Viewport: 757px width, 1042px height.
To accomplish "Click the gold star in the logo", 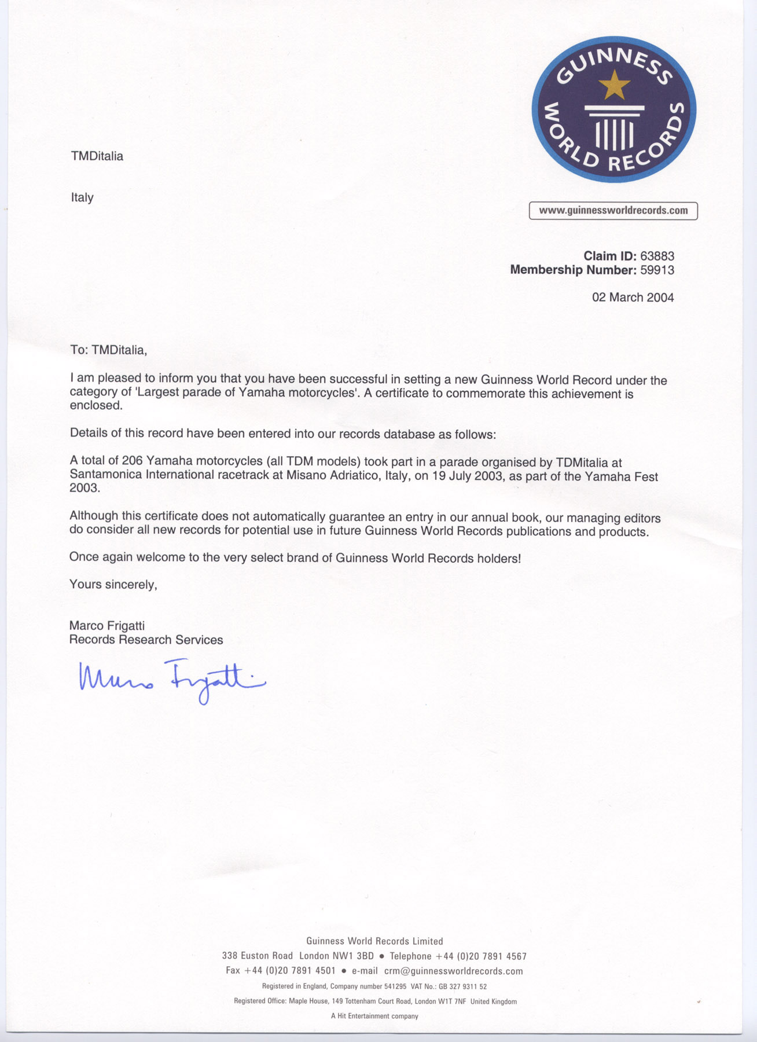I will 613,85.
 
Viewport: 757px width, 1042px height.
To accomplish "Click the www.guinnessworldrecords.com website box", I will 613,211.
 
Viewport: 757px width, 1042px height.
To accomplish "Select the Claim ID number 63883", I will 657,256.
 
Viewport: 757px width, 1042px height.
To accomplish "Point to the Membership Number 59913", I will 657,270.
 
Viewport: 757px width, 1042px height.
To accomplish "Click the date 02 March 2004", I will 633,298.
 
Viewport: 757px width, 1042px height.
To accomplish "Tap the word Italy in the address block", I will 82,197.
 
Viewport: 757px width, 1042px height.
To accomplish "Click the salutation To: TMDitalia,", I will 109,350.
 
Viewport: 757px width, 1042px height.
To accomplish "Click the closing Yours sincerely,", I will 113,585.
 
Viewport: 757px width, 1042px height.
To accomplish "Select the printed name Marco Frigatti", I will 107,626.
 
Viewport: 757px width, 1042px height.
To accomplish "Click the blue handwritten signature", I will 172,678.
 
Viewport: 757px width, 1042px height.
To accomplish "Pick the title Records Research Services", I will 146,640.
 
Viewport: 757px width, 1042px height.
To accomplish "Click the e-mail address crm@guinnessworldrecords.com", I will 453,971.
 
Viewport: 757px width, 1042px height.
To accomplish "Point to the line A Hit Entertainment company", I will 374,1016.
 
